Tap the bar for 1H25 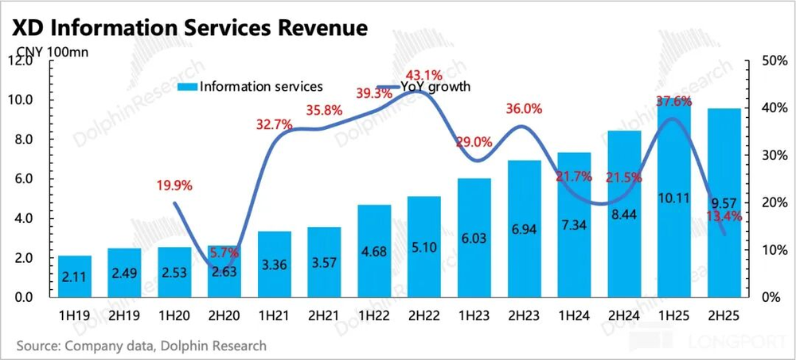pos(674,199)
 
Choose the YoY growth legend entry pos(423,87)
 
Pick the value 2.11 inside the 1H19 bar pos(75,278)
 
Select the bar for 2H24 pos(625,213)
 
